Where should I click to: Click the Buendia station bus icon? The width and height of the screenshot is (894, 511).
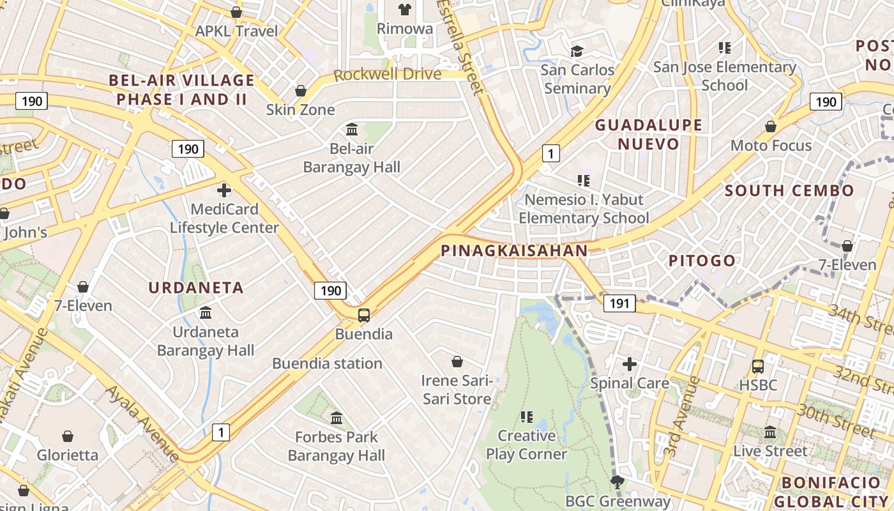pyautogui.click(x=363, y=315)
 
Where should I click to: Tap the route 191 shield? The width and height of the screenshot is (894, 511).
pyautogui.click(x=619, y=303)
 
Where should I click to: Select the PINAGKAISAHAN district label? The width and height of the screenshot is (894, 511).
pyautogui.click(x=514, y=251)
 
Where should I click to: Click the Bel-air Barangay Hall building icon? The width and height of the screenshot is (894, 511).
pyautogui.click(x=352, y=130)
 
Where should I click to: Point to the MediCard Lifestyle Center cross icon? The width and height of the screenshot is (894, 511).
pyautogui.click(x=224, y=190)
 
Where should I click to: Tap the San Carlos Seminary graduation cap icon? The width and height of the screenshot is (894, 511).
pyautogui.click(x=577, y=51)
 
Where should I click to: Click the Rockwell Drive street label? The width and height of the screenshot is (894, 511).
pyautogui.click(x=388, y=74)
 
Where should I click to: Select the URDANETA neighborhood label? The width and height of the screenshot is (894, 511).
pyautogui.click(x=196, y=287)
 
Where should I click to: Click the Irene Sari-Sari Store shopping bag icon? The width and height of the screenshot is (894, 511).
pyautogui.click(x=457, y=362)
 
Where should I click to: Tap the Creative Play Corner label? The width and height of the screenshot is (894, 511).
pyautogui.click(x=526, y=445)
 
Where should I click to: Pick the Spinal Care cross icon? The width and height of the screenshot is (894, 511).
pyautogui.click(x=630, y=364)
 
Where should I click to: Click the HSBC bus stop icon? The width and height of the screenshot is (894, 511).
pyautogui.click(x=758, y=367)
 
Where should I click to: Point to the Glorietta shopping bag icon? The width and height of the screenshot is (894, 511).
pyautogui.click(x=68, y=436)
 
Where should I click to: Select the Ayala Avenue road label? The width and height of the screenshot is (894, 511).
pyautogui.click(x=142, y=422)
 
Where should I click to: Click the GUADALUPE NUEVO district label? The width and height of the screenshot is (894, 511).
pyautogui.click(x=649, y=134)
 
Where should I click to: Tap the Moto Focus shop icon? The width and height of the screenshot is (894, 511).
pyautogui.click(x=771, y=126)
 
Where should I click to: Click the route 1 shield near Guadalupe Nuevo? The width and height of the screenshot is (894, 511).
pyautogui.click(x=550, y=153)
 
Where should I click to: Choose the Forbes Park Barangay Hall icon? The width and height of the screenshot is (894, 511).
pyautogui.click(x=337, y=418)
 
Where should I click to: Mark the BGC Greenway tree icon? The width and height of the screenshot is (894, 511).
pyautogui.click(x=617, y=482)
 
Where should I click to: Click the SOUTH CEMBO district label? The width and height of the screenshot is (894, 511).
pyautogui.click(x=789, y=190)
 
